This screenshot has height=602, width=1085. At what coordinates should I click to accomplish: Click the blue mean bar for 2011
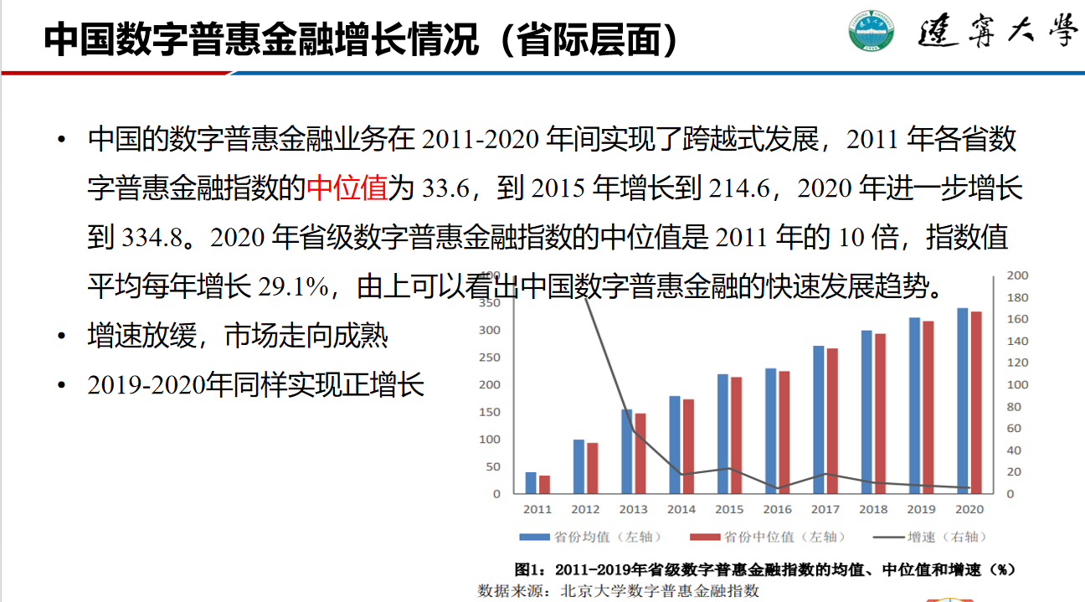tap(531, 483)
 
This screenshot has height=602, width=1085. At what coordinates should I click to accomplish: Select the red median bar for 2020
tap(976, 403)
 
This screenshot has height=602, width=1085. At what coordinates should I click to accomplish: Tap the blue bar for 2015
tap(722, 434)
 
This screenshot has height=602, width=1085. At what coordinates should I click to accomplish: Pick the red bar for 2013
tap(640, 453)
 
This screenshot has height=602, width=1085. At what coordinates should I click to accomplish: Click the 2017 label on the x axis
tap(825, 509)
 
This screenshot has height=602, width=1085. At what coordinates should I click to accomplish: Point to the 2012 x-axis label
tap(585, 509)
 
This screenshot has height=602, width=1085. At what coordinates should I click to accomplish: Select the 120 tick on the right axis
tap(1016, 363)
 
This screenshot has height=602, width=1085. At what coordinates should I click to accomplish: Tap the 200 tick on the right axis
tap(1016, 275)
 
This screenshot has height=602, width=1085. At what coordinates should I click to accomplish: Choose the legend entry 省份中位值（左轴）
tap(769, 537)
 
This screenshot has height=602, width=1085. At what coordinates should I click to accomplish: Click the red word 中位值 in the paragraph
tap(347, 188)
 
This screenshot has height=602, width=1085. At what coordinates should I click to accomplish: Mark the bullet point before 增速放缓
tap(60, 337)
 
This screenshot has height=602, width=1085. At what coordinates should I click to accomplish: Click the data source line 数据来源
tap(618, 590)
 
